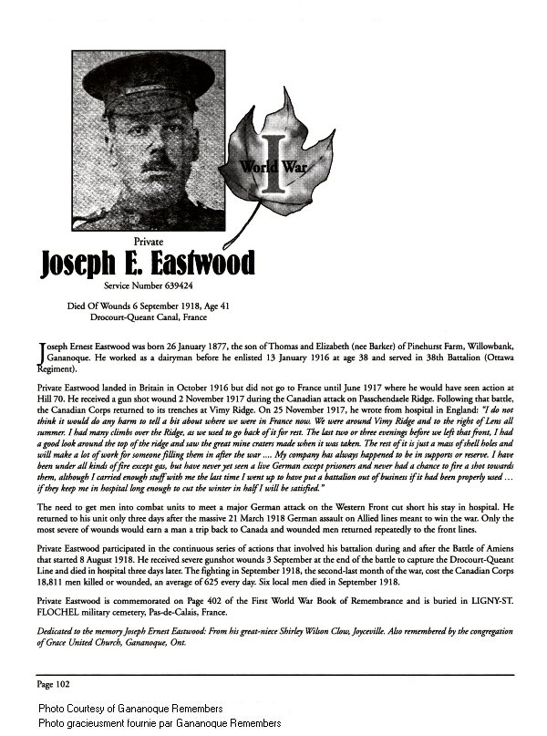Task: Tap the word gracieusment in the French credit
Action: click(100, 722)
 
